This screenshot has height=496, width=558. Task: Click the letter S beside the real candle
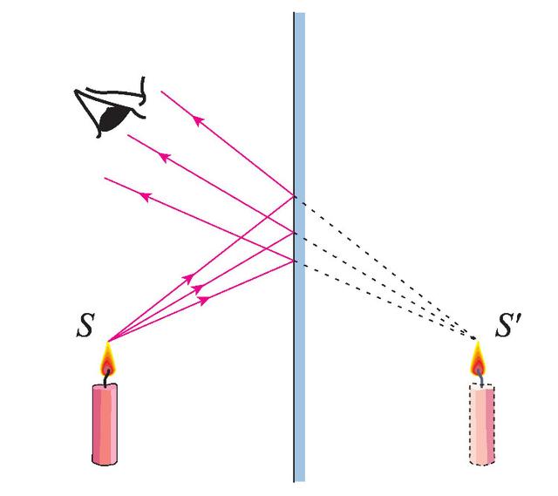[85, 325]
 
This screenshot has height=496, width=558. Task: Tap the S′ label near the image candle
[508, 325]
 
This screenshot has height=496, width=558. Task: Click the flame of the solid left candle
[107, 358]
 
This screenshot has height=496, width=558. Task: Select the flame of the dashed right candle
[478, 358]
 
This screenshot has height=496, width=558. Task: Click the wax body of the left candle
[105, 425]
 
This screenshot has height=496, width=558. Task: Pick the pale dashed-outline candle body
[482, 425]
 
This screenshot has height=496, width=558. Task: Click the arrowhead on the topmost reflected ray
[198, 120]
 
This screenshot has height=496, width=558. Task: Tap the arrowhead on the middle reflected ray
[165, 157]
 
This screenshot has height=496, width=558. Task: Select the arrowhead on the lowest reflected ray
[146, 196]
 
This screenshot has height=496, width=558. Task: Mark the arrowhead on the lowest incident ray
[203, 300]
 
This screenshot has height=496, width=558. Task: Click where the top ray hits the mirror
[295, 196]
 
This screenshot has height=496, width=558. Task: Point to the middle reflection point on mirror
[295, 233]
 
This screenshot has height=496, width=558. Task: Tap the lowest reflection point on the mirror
[295, 262]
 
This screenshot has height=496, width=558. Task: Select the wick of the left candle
[106, 377]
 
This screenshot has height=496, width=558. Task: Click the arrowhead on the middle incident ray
[197, 289]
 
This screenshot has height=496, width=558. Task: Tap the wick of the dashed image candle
[480, 377]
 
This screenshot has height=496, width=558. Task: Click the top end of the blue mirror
[299, 13]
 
